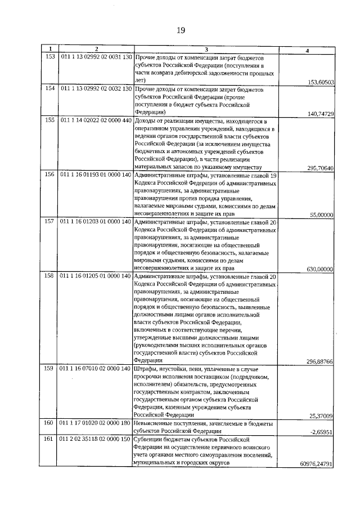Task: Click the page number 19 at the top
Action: pyautogui.click(x=181, y=30)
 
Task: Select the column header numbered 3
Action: pyautogui.click(x=206, y=51)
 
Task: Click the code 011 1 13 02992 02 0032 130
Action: pyautogui.click(x=96, y=89)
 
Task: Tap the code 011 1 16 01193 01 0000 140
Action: pyautogui.click(x=96, y=175)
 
